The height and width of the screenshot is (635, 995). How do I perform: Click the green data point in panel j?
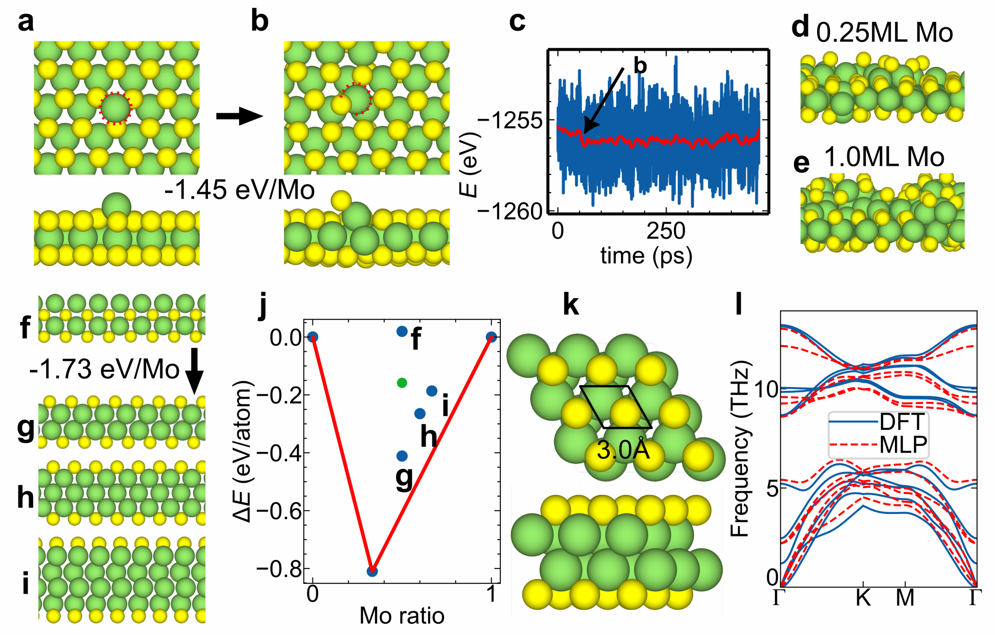402,383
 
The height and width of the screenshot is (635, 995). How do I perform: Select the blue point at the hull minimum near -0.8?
372,571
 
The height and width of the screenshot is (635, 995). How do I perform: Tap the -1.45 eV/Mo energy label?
240,190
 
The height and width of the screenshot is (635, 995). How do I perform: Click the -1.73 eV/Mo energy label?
104,370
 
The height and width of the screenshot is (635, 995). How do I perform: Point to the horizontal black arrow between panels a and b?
239,116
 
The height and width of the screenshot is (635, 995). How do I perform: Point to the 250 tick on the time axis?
666,231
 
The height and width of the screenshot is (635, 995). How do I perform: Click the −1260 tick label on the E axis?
510,212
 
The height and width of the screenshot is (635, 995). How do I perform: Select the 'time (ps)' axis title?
646,255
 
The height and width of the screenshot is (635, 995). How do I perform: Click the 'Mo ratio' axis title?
402,616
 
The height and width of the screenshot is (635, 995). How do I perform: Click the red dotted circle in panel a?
115,108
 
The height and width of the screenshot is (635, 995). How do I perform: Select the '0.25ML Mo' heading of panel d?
884,33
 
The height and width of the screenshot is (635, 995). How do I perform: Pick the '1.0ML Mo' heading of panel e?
884,157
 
